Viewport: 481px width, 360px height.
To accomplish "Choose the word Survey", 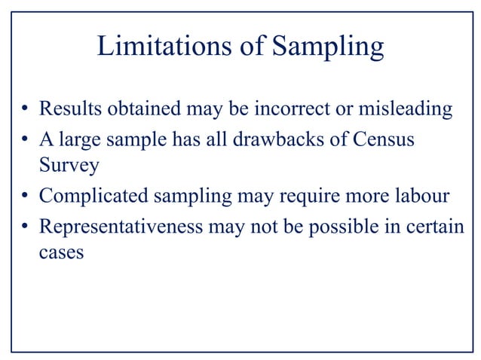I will coord(68,166).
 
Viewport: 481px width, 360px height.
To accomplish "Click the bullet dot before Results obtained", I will coord(25,111).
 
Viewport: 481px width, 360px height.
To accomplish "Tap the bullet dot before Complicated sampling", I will coord(25,197).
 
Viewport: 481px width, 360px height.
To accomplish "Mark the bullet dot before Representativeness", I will coord(25,227).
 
